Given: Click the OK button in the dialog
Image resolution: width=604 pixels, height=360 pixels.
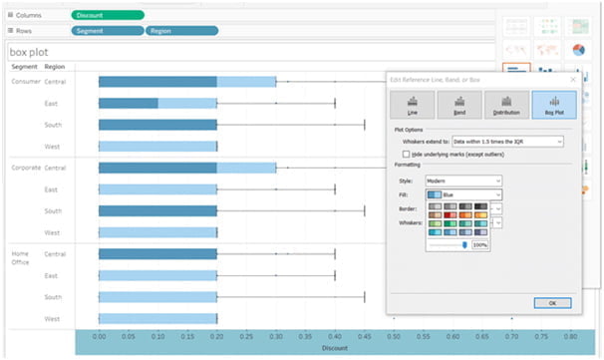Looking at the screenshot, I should pyautogui.click(x=551, y=301).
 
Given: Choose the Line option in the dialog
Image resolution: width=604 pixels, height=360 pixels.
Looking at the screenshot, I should pyautogui.click(x=412, y=105).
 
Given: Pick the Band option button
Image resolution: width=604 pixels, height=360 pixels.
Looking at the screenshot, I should pyautogui.click(x=458, y=105).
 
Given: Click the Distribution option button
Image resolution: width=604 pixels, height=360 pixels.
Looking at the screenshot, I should pyautogui.click(x=505, y=105).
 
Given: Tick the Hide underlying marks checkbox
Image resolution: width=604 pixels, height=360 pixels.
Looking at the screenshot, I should pyautogui.click(x=406, y=154).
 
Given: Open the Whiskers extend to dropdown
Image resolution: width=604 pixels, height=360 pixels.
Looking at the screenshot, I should pyautogui.click(x=507, y=142).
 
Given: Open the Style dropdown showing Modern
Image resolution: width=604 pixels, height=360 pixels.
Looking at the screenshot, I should pyautogui.click(x=463, y=180).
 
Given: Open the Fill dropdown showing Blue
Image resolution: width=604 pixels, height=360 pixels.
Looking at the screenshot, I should pyautogui.click(x=463, y=193).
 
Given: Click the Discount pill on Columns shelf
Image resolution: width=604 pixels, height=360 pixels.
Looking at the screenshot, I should pyautogui.click(x=108, y=15).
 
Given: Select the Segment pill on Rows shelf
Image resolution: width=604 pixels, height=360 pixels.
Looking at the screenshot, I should pyautogui.click(x=108, y=31).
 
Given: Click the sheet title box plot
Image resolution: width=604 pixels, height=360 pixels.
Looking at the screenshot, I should pyautogui.click(x=30, y=51).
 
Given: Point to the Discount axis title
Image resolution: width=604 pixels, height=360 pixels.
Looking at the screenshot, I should pyautogui.click(x=334, y=349).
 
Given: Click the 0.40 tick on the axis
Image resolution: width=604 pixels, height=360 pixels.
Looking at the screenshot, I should pyautogui.click(x=335, y=337).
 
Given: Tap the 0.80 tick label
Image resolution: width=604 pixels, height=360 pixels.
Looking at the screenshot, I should pyautogui.click(x=570, y=337).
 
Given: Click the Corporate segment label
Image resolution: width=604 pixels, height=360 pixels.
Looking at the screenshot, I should pyautogui.click(x=25, y=168).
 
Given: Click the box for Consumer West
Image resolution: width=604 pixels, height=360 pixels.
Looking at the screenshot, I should pyautogui.click(x=157, y=146).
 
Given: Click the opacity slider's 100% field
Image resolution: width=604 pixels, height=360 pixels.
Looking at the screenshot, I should pyautogui.click(x=480, y=243).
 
